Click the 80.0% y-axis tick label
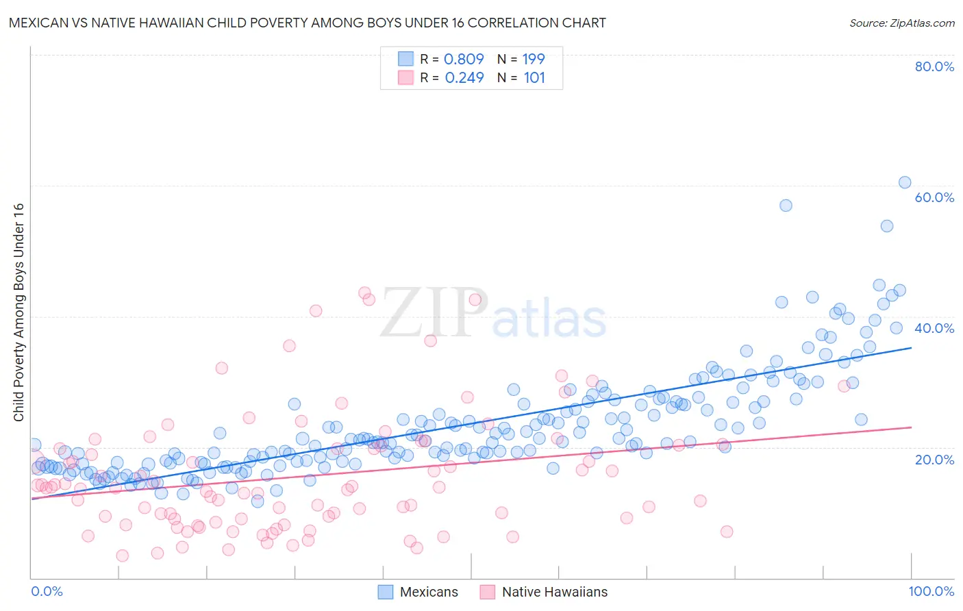[x=934, y=66]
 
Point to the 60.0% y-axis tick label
[x=934, y=197]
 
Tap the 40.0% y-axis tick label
[x=934, y=328]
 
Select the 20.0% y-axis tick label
[x=934, y=459]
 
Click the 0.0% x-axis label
[x=47, y=591]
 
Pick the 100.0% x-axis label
[x=931, y=591]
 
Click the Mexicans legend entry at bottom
[x=418, y=592]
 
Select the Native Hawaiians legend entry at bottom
[x=545, y=592]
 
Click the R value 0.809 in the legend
[x=464, y=60]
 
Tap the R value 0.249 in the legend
[x=464, y=78]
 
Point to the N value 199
[x=534, y=60]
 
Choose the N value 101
[x=534, y=78]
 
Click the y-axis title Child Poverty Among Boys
[x=18, y=312]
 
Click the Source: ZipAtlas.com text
[x=901, y=23]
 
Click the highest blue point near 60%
[x=905, y=182]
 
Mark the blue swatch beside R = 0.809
[x=405, y=59]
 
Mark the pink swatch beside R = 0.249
[x=405, y=77]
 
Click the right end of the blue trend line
[x=911, y=348]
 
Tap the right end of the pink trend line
[x=911, y=427]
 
